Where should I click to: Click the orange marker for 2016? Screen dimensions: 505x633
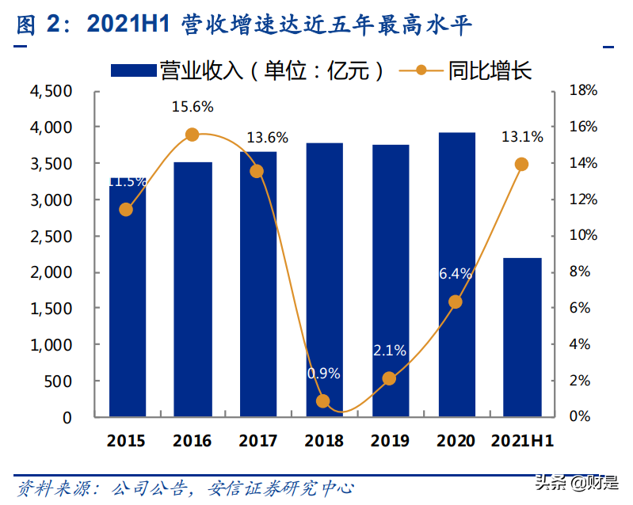click(x=192, y=135)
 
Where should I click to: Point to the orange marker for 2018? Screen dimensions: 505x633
click(x=323, y=401)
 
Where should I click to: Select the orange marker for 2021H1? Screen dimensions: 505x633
click(x=521, y=164)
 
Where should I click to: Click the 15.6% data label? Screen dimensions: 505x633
click(x=193, y=107)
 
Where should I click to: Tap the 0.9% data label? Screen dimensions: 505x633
click(x=324, y=373)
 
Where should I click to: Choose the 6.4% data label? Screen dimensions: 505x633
click(x=456, y=274)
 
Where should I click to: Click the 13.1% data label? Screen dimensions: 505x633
click(x=522, y=137)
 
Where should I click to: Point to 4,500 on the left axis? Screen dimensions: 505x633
click(x=51, y=91)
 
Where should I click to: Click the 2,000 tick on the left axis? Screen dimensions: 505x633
click(x=51, y=272)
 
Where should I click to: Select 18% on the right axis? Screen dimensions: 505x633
click(x=583, y=91)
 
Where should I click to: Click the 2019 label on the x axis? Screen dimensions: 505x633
click(x=390, y=441)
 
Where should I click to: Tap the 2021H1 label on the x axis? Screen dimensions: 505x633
click(x=522, y=441)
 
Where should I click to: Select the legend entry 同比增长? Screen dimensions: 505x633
click(x=467, y=70)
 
